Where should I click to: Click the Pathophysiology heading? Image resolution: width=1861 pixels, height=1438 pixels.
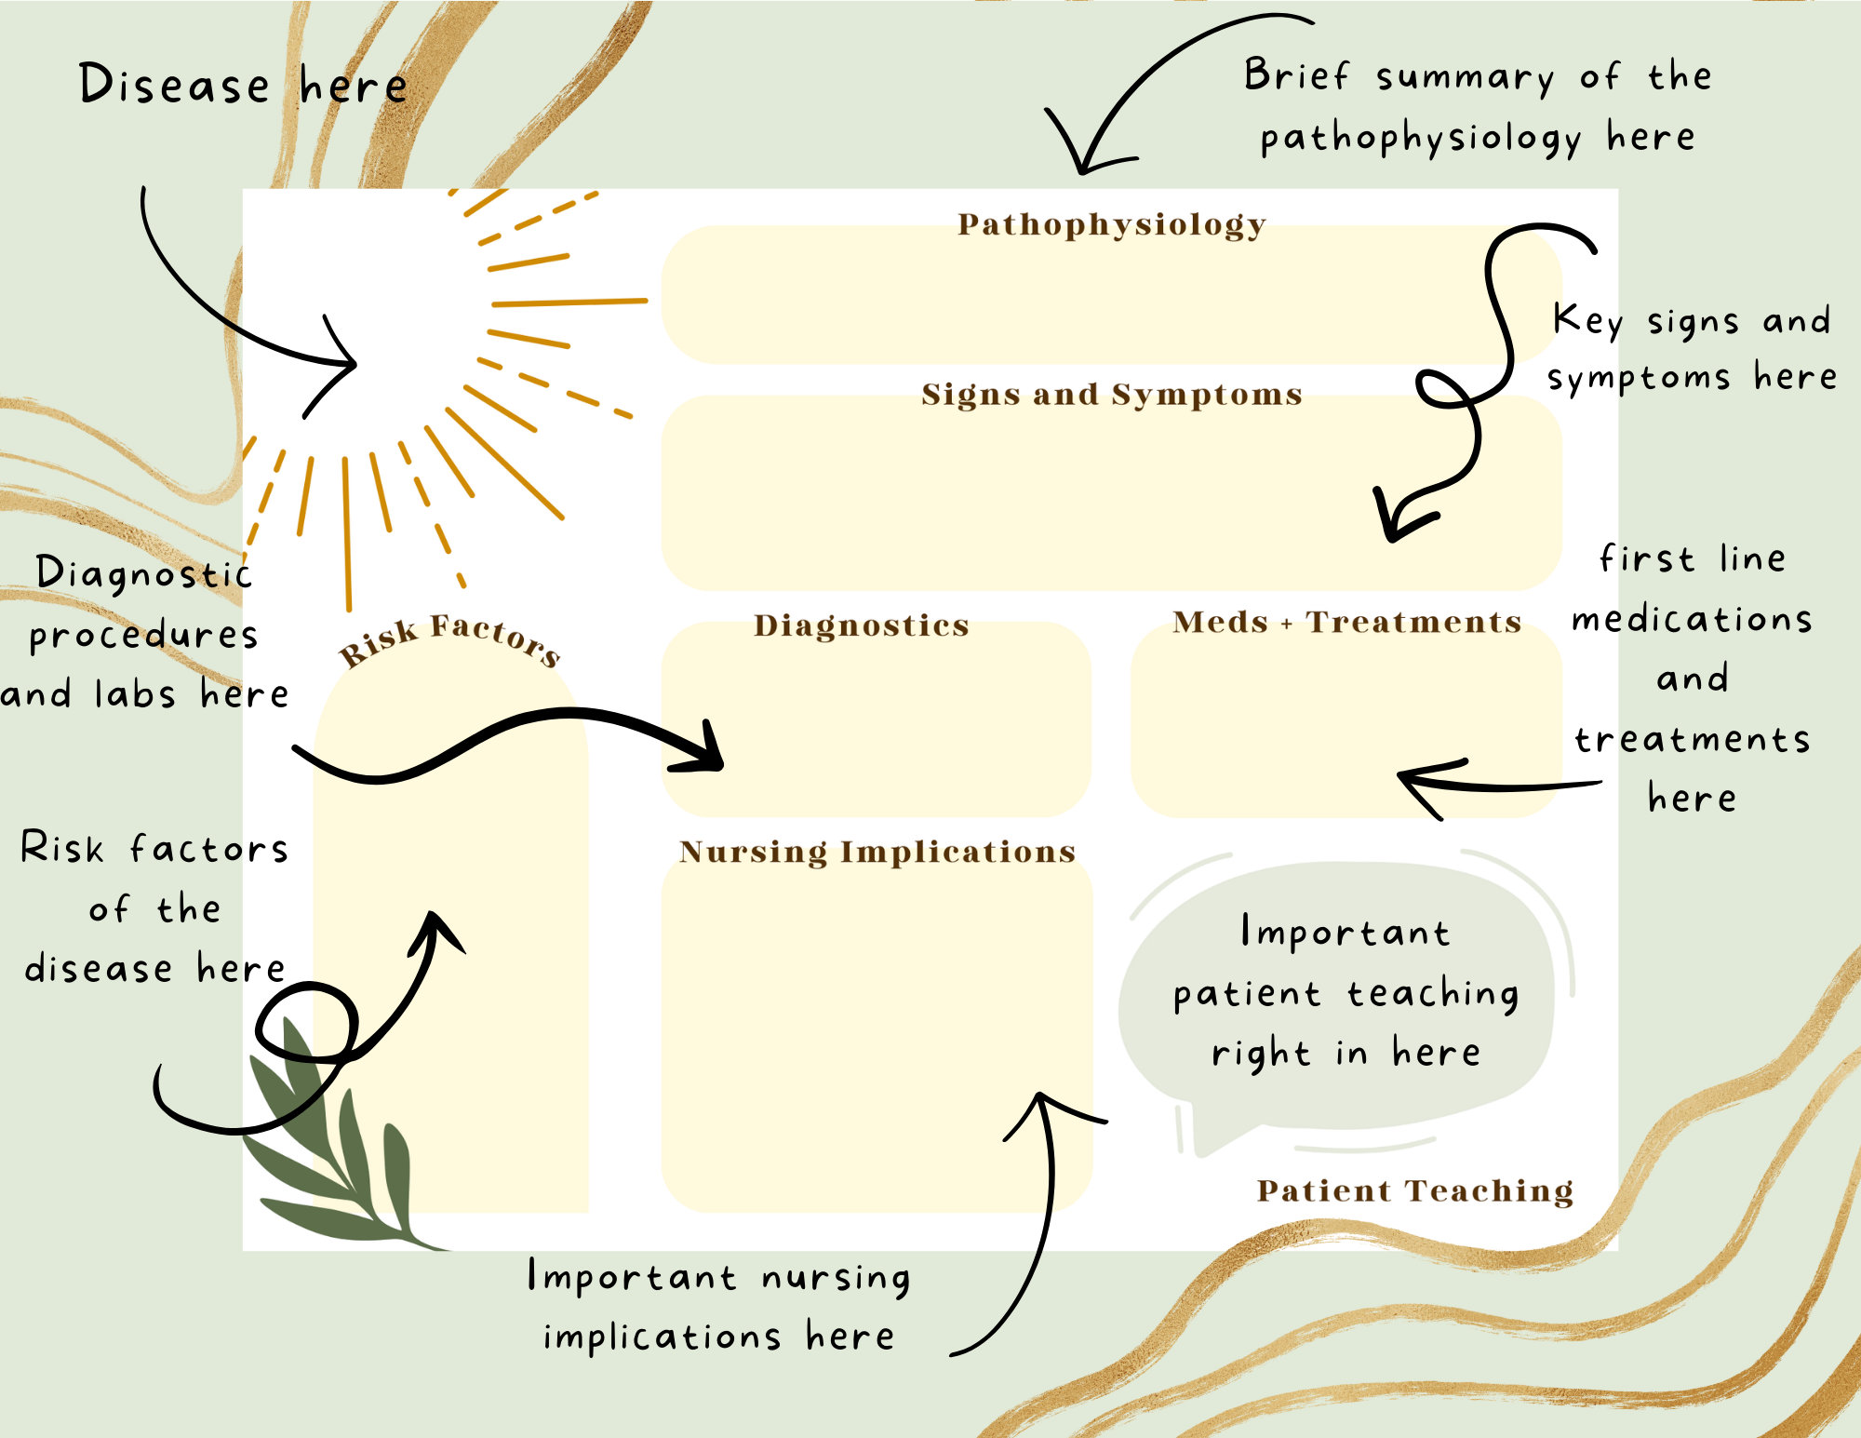[x=1111, y=224]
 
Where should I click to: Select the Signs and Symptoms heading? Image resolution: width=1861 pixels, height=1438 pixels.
[x=1111, y=395]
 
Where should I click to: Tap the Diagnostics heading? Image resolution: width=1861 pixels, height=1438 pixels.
[x=861, y=625]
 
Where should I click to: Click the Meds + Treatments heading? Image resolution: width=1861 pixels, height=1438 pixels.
[x=1346, y=622]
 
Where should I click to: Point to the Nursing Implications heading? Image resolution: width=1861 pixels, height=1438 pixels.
[x=877, y=852]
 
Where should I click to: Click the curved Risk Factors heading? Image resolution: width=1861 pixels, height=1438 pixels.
[x=449, y=638]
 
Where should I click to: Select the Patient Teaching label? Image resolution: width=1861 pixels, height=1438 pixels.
[x=1414, y=1190]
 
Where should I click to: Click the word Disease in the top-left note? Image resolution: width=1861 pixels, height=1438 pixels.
[x=174, y=85]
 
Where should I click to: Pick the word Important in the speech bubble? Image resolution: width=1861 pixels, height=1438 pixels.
[x=1345, y=933]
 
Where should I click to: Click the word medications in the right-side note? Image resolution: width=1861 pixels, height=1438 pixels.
[x=1692, y=619]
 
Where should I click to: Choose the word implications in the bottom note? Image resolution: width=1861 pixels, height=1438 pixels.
[x=662, y=1337]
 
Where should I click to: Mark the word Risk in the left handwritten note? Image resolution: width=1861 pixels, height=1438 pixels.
[x=61, y=848]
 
